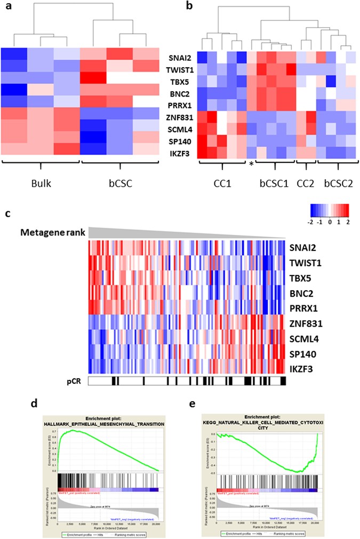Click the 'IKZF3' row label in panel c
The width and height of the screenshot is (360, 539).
302,364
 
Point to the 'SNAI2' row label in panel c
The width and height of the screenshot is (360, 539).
302,248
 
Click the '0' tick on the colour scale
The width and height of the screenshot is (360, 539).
331,221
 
